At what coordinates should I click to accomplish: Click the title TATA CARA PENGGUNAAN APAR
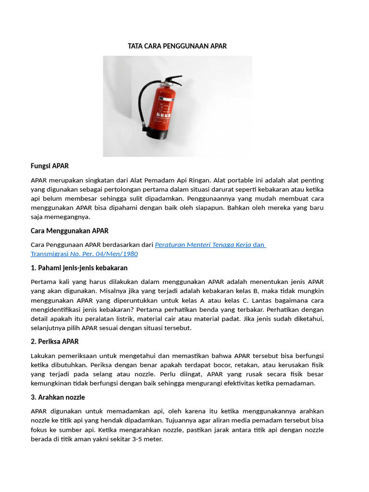[177, 46]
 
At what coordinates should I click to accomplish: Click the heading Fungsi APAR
[49, 166]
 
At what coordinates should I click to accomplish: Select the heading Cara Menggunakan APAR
[70, 231]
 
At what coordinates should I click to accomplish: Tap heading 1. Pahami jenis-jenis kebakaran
[79, 268]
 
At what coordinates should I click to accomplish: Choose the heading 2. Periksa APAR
[55, 341]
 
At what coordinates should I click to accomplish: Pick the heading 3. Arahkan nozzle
[58, 397]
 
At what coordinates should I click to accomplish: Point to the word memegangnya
[70, 217]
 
